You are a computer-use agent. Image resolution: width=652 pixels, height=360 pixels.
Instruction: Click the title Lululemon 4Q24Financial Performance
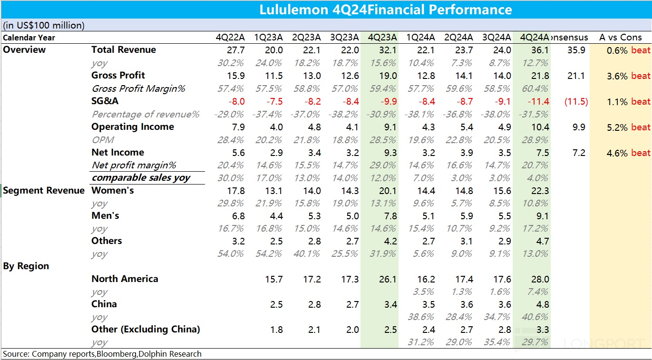(386, 10)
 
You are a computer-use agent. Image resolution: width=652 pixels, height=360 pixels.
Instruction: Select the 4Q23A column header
(382, 38)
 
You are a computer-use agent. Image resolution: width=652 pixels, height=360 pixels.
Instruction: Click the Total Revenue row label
(124, 50)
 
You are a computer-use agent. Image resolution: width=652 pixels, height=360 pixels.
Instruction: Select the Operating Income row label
(133, 127)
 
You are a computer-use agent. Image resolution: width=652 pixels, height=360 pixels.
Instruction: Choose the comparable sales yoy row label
(141, 178)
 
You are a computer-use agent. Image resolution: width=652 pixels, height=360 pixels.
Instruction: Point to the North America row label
(125, 279)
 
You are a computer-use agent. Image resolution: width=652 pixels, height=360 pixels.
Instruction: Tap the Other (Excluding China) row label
(146, 330)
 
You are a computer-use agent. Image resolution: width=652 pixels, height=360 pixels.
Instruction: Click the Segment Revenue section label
(44, 191)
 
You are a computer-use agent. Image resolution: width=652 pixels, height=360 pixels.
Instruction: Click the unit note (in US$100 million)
(44, 25)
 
